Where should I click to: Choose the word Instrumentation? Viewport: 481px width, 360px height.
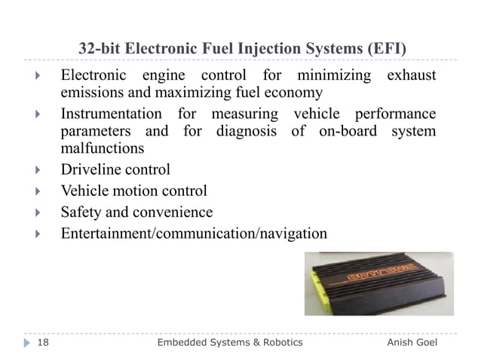(x=111, y=114)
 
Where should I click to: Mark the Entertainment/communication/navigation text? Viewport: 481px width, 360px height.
(x=194, y=234)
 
